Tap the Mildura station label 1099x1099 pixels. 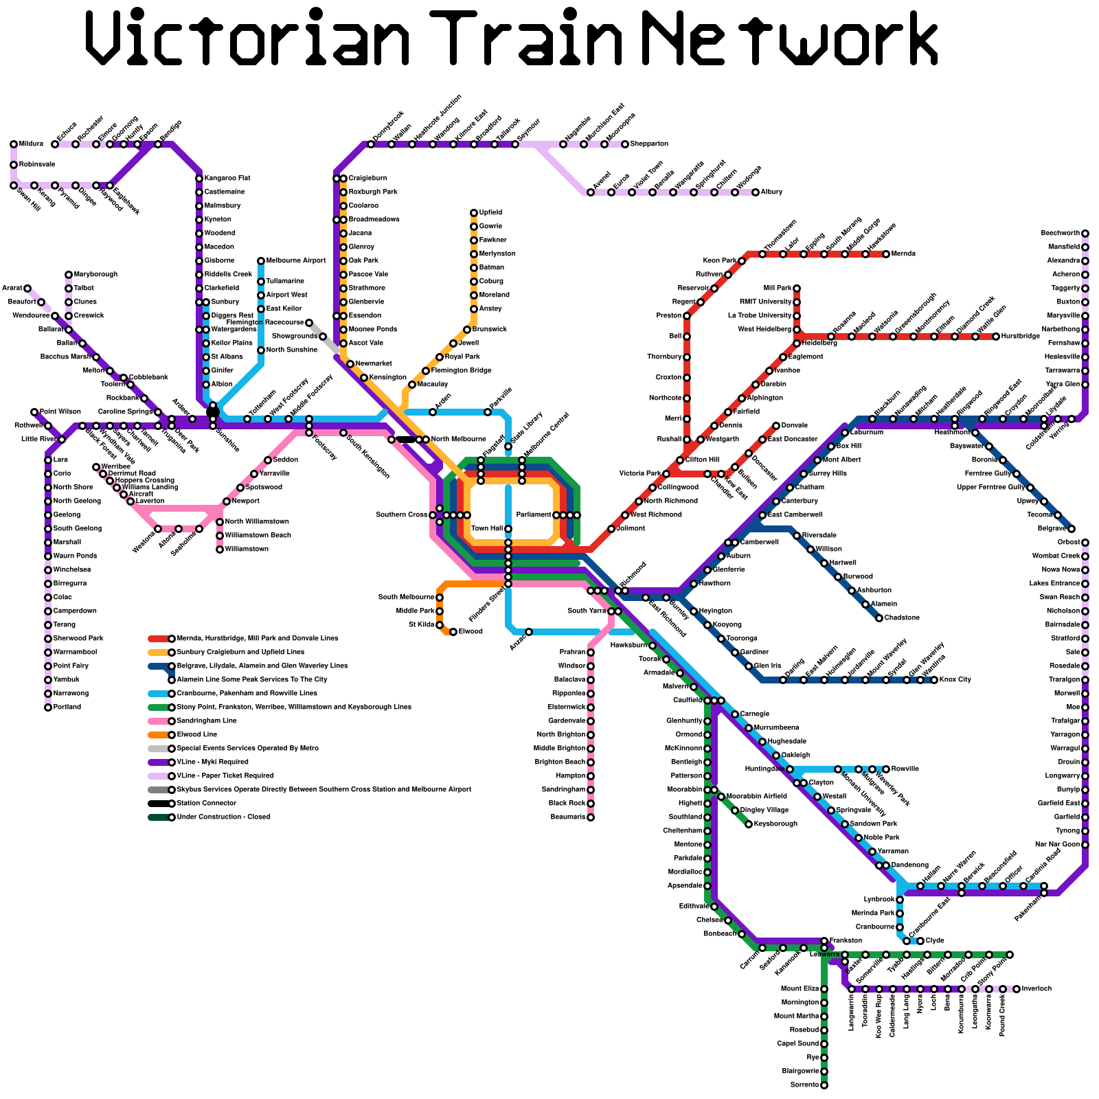coord(31,144)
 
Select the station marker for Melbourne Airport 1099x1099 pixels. coord(261,261)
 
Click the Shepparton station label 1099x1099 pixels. coord(649,144)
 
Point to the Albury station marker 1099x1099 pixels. coord(756,192)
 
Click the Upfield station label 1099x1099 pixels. coord(490,213)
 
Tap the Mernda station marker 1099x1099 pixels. coord(886,254)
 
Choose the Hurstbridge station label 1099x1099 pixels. coord(1020,337)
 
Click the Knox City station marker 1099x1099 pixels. coord(934,680)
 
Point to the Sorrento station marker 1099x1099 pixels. coord(824,1085)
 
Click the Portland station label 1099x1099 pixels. coord(67,707)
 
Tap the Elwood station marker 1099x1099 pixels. coord(453,632)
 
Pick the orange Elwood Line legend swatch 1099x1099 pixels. coord(158,735)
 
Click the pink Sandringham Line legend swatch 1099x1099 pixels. coord(158,721)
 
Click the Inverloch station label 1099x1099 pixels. coord(1036,989)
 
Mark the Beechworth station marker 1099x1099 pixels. coord(1085,234)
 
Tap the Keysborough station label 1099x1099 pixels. coord(775,824)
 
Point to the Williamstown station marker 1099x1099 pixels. coord(220,549)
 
